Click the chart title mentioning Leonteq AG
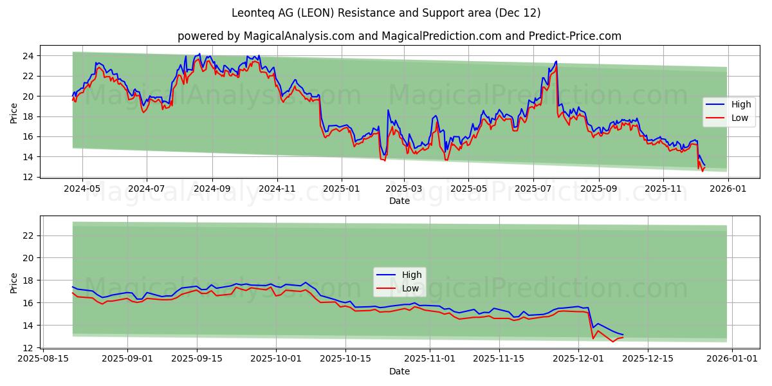tap(386, 13)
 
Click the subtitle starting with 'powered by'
tap(399, 36)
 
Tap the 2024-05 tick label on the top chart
tap(81, 189)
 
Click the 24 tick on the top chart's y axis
tap(28, 56)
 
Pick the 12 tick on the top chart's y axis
tap(28, 177)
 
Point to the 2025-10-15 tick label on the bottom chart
tap(345, 359)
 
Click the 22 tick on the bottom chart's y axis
tap(28, 235)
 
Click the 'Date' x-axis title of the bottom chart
tap(399, 371)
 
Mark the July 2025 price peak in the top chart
tap(556, 62)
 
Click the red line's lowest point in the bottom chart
tap(612, 342)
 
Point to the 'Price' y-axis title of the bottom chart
tap(14, 282)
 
